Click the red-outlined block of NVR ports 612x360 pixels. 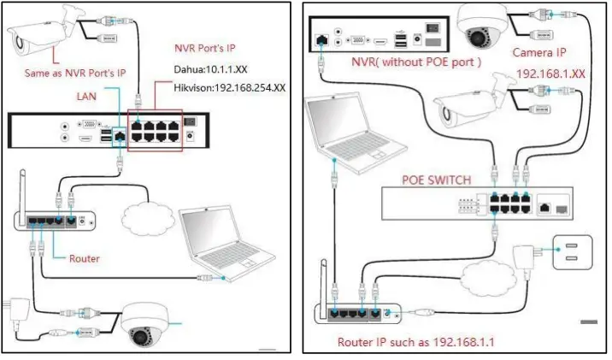[155, 130]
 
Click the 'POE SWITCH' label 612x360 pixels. [436, 180]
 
